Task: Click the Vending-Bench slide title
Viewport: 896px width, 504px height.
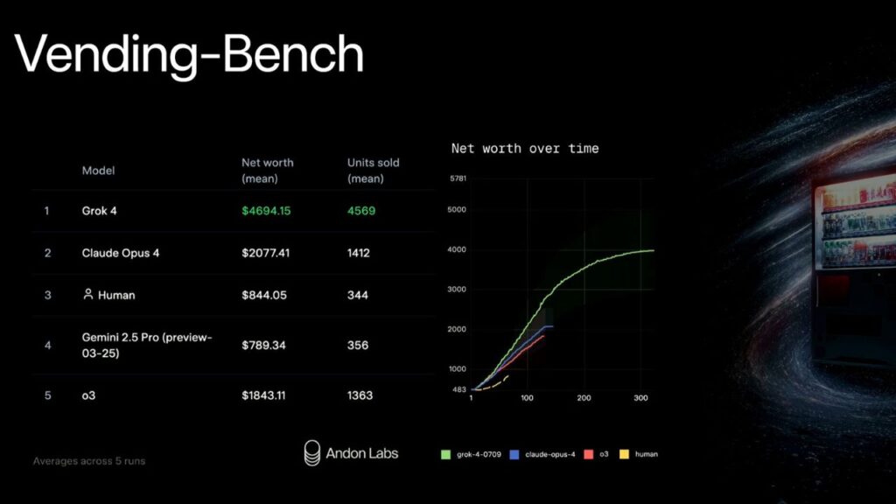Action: click(189, 55)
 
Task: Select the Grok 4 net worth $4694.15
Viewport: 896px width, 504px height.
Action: click(266, 211)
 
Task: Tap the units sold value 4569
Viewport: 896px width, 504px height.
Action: click(361, 211)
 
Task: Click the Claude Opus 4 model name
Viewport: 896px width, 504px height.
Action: click(121, 253)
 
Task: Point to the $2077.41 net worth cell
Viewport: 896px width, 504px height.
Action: click(266, 253)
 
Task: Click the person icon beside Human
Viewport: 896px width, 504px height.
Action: click(88, 294)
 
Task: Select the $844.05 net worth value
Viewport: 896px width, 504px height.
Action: click(264, 295)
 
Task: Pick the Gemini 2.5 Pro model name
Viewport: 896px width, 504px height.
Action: click(147, 345)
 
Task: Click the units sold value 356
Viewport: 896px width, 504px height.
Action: click(358, 345)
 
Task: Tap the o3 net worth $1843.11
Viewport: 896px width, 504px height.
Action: click(263, 395)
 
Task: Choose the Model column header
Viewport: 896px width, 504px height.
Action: click(98, 171)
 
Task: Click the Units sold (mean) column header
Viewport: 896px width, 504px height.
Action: click(373, 171)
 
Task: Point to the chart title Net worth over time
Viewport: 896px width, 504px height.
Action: click(525, 149)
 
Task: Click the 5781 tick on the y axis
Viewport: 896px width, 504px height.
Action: click(458, 178)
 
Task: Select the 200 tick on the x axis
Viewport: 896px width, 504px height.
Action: click(584, 398)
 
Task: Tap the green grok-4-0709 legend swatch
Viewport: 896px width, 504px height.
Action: click(445, 454)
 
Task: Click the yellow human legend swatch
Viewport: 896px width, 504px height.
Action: click(624, 454)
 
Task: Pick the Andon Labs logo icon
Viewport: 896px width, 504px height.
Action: click(312, 453)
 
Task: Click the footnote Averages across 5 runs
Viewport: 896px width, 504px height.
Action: click(89, 461)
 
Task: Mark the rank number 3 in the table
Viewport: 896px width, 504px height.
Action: click(47, 295)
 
